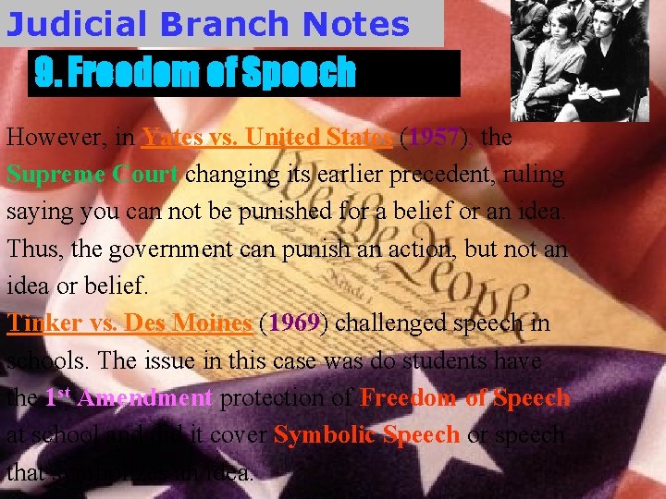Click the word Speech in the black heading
(300, 72)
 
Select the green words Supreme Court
(92, 175)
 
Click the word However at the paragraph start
(54, 138)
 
